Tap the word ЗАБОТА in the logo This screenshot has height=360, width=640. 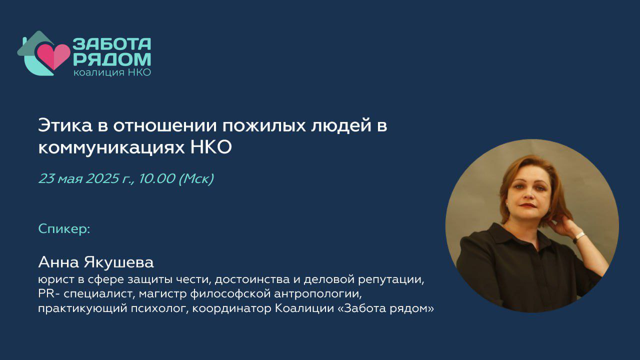(111, 44)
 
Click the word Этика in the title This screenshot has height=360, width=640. (65, 125)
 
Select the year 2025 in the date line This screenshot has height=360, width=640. (102, 178)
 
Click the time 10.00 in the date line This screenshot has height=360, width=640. (157, 178)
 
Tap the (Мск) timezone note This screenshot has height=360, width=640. (196, 179)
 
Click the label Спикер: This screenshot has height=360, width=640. (64, 229)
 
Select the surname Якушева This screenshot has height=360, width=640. (118, 262)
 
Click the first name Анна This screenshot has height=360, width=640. (58, 262)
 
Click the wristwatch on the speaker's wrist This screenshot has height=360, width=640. (579, 237)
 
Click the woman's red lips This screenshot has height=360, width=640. (527, 205)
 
